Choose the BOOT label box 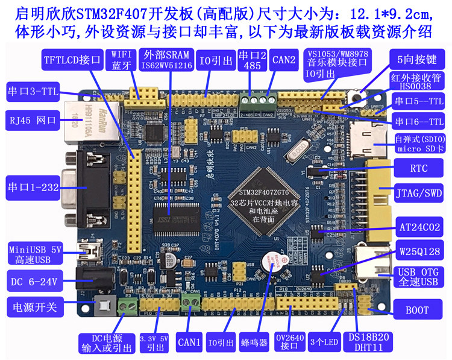click(418, 310)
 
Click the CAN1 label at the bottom click(189, 342)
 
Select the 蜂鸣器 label click(253, 342)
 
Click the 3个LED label click(324, 342)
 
